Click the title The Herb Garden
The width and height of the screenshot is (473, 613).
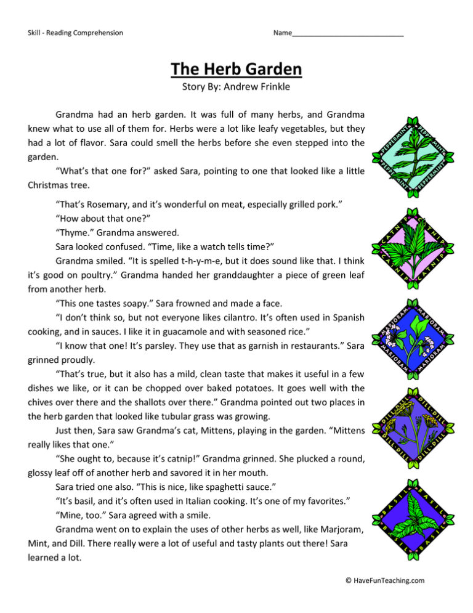click(x=236, y=68)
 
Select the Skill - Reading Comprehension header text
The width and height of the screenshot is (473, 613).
click(x=75, y=33)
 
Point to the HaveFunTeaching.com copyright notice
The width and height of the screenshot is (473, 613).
click(x=385, y=580)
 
